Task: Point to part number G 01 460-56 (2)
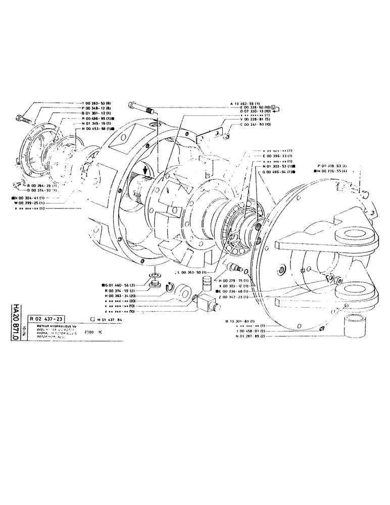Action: (118, 285)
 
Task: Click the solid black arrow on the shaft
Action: (147, 171)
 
